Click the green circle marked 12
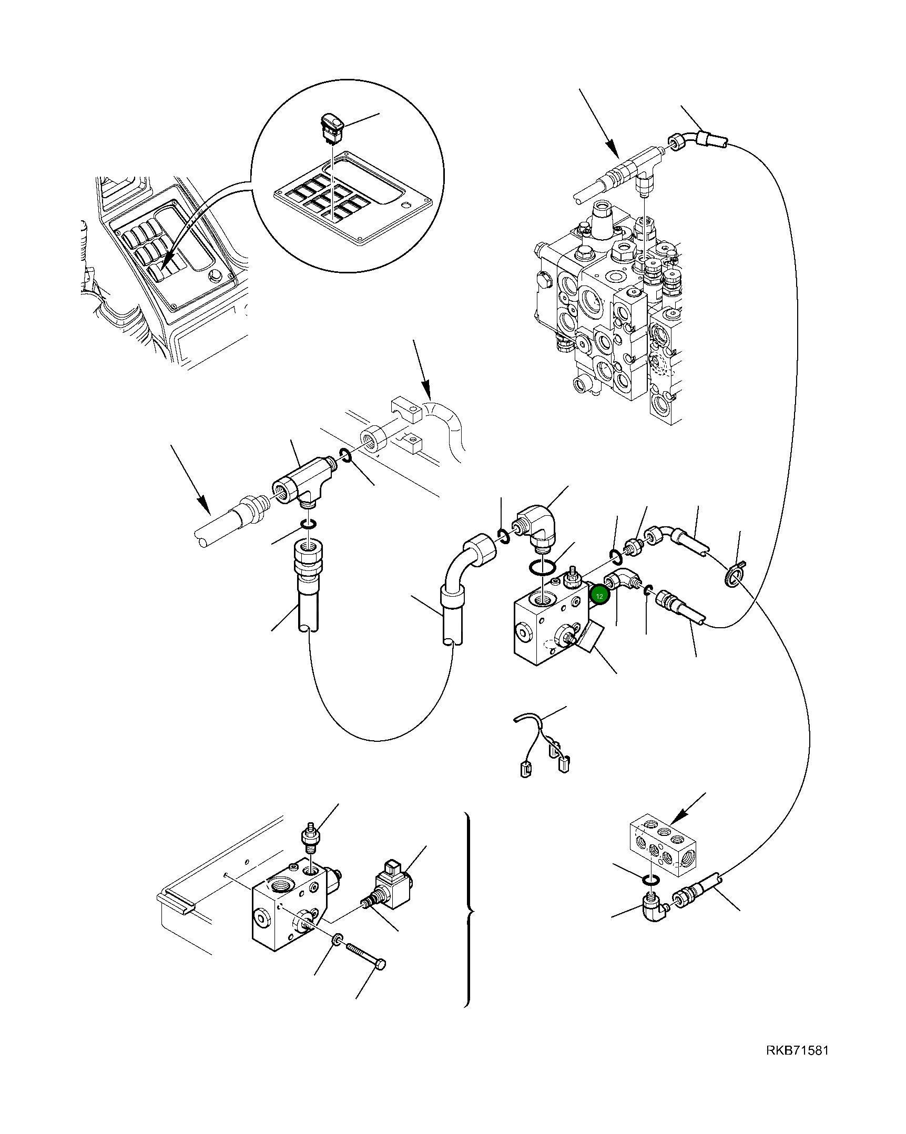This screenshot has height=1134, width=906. coord(599,596)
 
